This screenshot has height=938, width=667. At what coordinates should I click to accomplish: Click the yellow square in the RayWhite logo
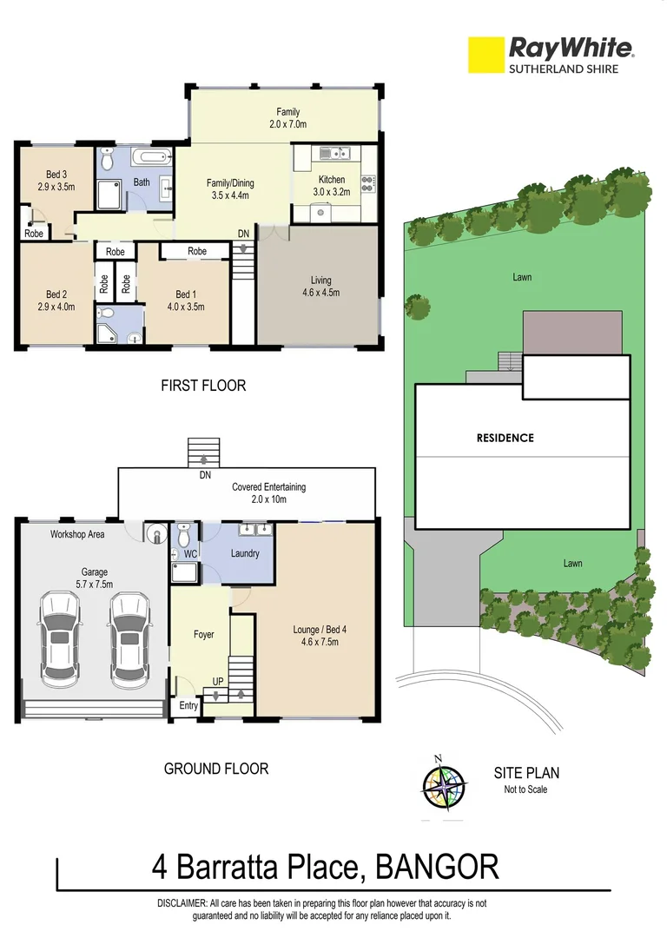tap(485, 54)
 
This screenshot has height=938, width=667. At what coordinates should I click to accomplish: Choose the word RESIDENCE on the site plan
tap(505, 438)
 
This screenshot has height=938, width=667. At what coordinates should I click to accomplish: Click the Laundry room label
tap(244, 553)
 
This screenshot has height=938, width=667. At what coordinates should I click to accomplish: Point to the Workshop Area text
tap(77, 534)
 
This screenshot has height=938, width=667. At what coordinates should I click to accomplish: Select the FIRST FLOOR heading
tap(203, 386)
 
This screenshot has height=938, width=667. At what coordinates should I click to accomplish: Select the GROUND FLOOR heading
tap(216, 768)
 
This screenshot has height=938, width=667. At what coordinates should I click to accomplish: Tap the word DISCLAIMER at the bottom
tap(182, 903)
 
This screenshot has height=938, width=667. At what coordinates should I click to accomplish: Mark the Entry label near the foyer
tap(188, 707)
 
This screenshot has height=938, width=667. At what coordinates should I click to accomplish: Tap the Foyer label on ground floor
tap(203, 635)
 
